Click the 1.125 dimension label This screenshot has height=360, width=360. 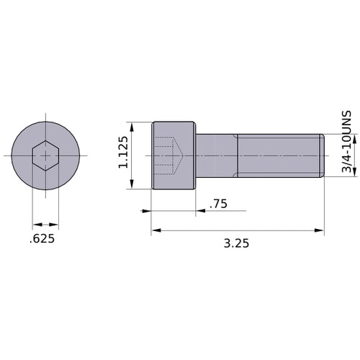tap(123, 153)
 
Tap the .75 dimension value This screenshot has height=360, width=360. tap(218, 204)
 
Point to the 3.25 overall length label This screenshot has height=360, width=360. tap(237, 243)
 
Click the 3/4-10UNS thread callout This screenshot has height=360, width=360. tap(346, 142)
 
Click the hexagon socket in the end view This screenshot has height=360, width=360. tap(45, 156)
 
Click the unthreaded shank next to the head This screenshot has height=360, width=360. tap(217, 156)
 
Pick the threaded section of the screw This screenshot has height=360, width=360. tap(277, 156)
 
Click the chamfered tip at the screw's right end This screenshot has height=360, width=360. tap(320, 156)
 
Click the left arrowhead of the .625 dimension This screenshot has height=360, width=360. tap(36, 224)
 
